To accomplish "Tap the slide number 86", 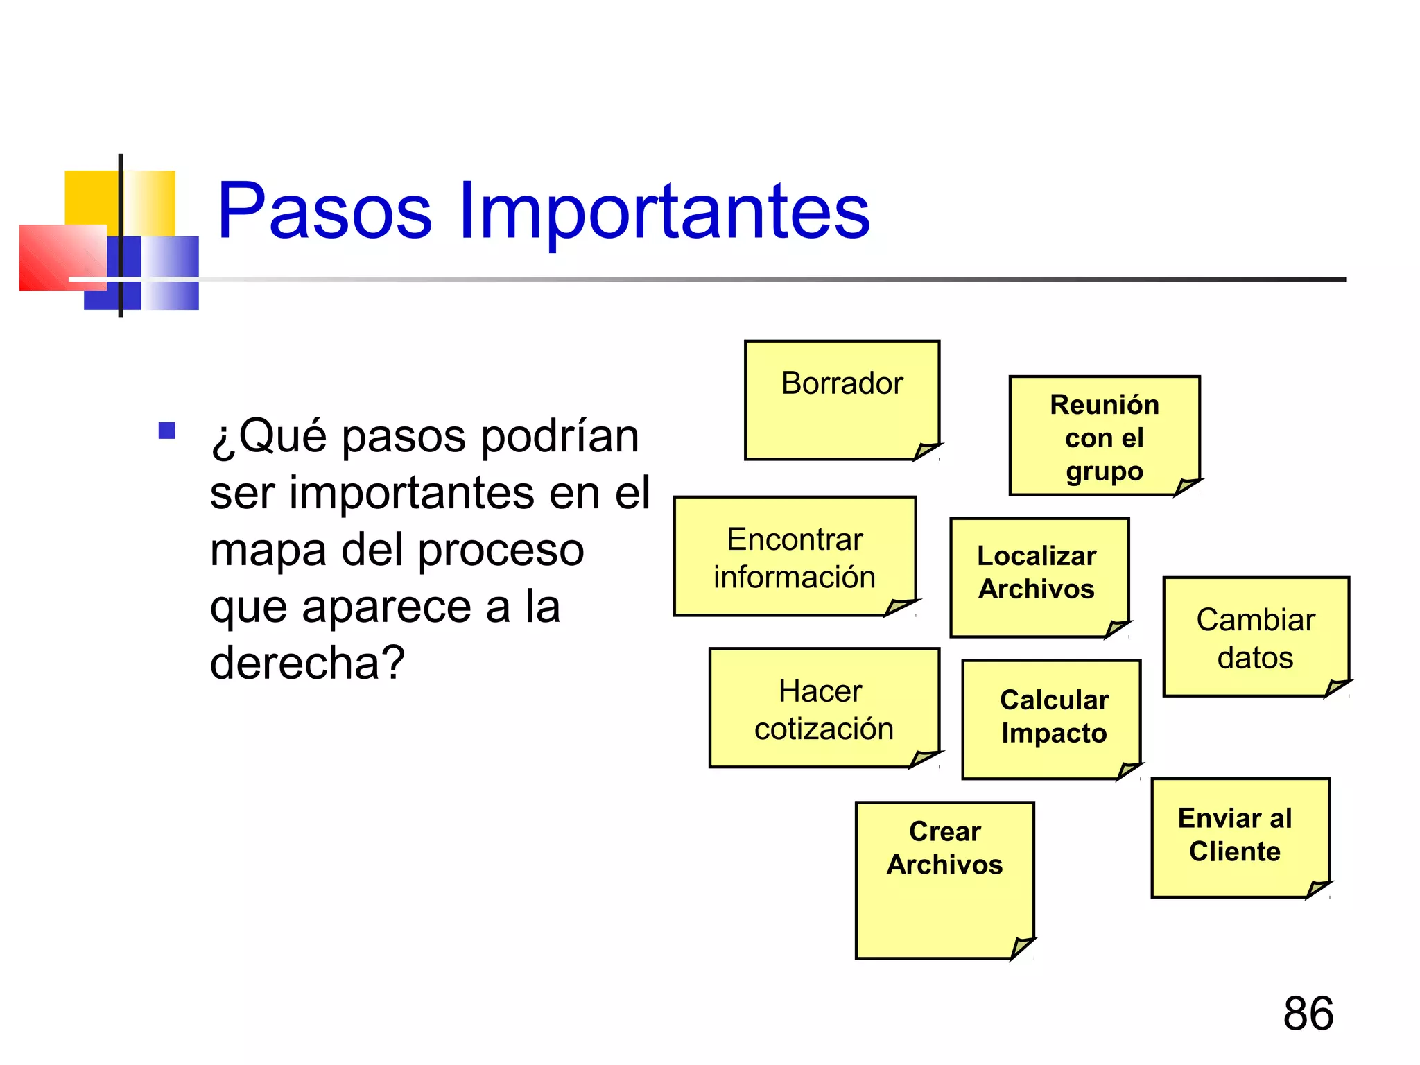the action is [x=1308, y=1013].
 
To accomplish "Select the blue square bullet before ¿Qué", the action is [x=167, y=431].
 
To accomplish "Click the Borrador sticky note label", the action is [x=842, y=383].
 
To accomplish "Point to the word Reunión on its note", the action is [x=1104, y=405].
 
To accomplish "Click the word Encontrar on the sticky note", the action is [x=795, y=539].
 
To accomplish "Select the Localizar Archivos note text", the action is [x=1037, y=572].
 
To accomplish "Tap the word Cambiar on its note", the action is [x=1255, y=620].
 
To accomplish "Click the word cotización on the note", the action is [x=824, y=729].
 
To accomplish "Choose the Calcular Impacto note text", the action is [x=1054, y=716].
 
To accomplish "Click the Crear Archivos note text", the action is [x=944, y=847].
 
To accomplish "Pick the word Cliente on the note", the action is [x=1234, y=851].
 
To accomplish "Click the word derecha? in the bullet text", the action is [x=307, y=663].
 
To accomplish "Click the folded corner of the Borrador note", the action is [x=926, y=451].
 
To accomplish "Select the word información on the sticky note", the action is [x=795, y=577].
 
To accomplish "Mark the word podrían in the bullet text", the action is [x=560, y=437].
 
